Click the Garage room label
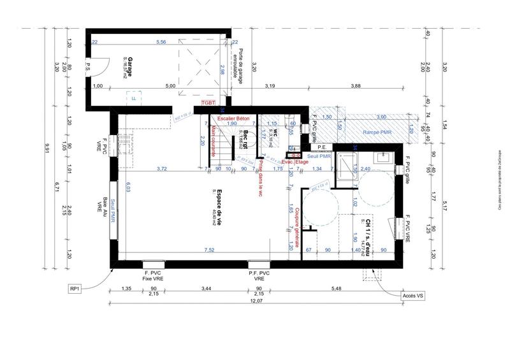pyautogui.click(x=129, y=67)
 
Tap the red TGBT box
pyautogui.click(x=208, y=102)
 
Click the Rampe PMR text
pyautogui.click(x=376, y=131)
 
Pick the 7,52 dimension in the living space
pyautogui.click(x=208, y=250)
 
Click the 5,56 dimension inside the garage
pyautogui.click(x=162, y=42)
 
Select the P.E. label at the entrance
pyautogui.click(x=321, y=147)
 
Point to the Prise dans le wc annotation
pyautogui.click(x=260, y=178)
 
